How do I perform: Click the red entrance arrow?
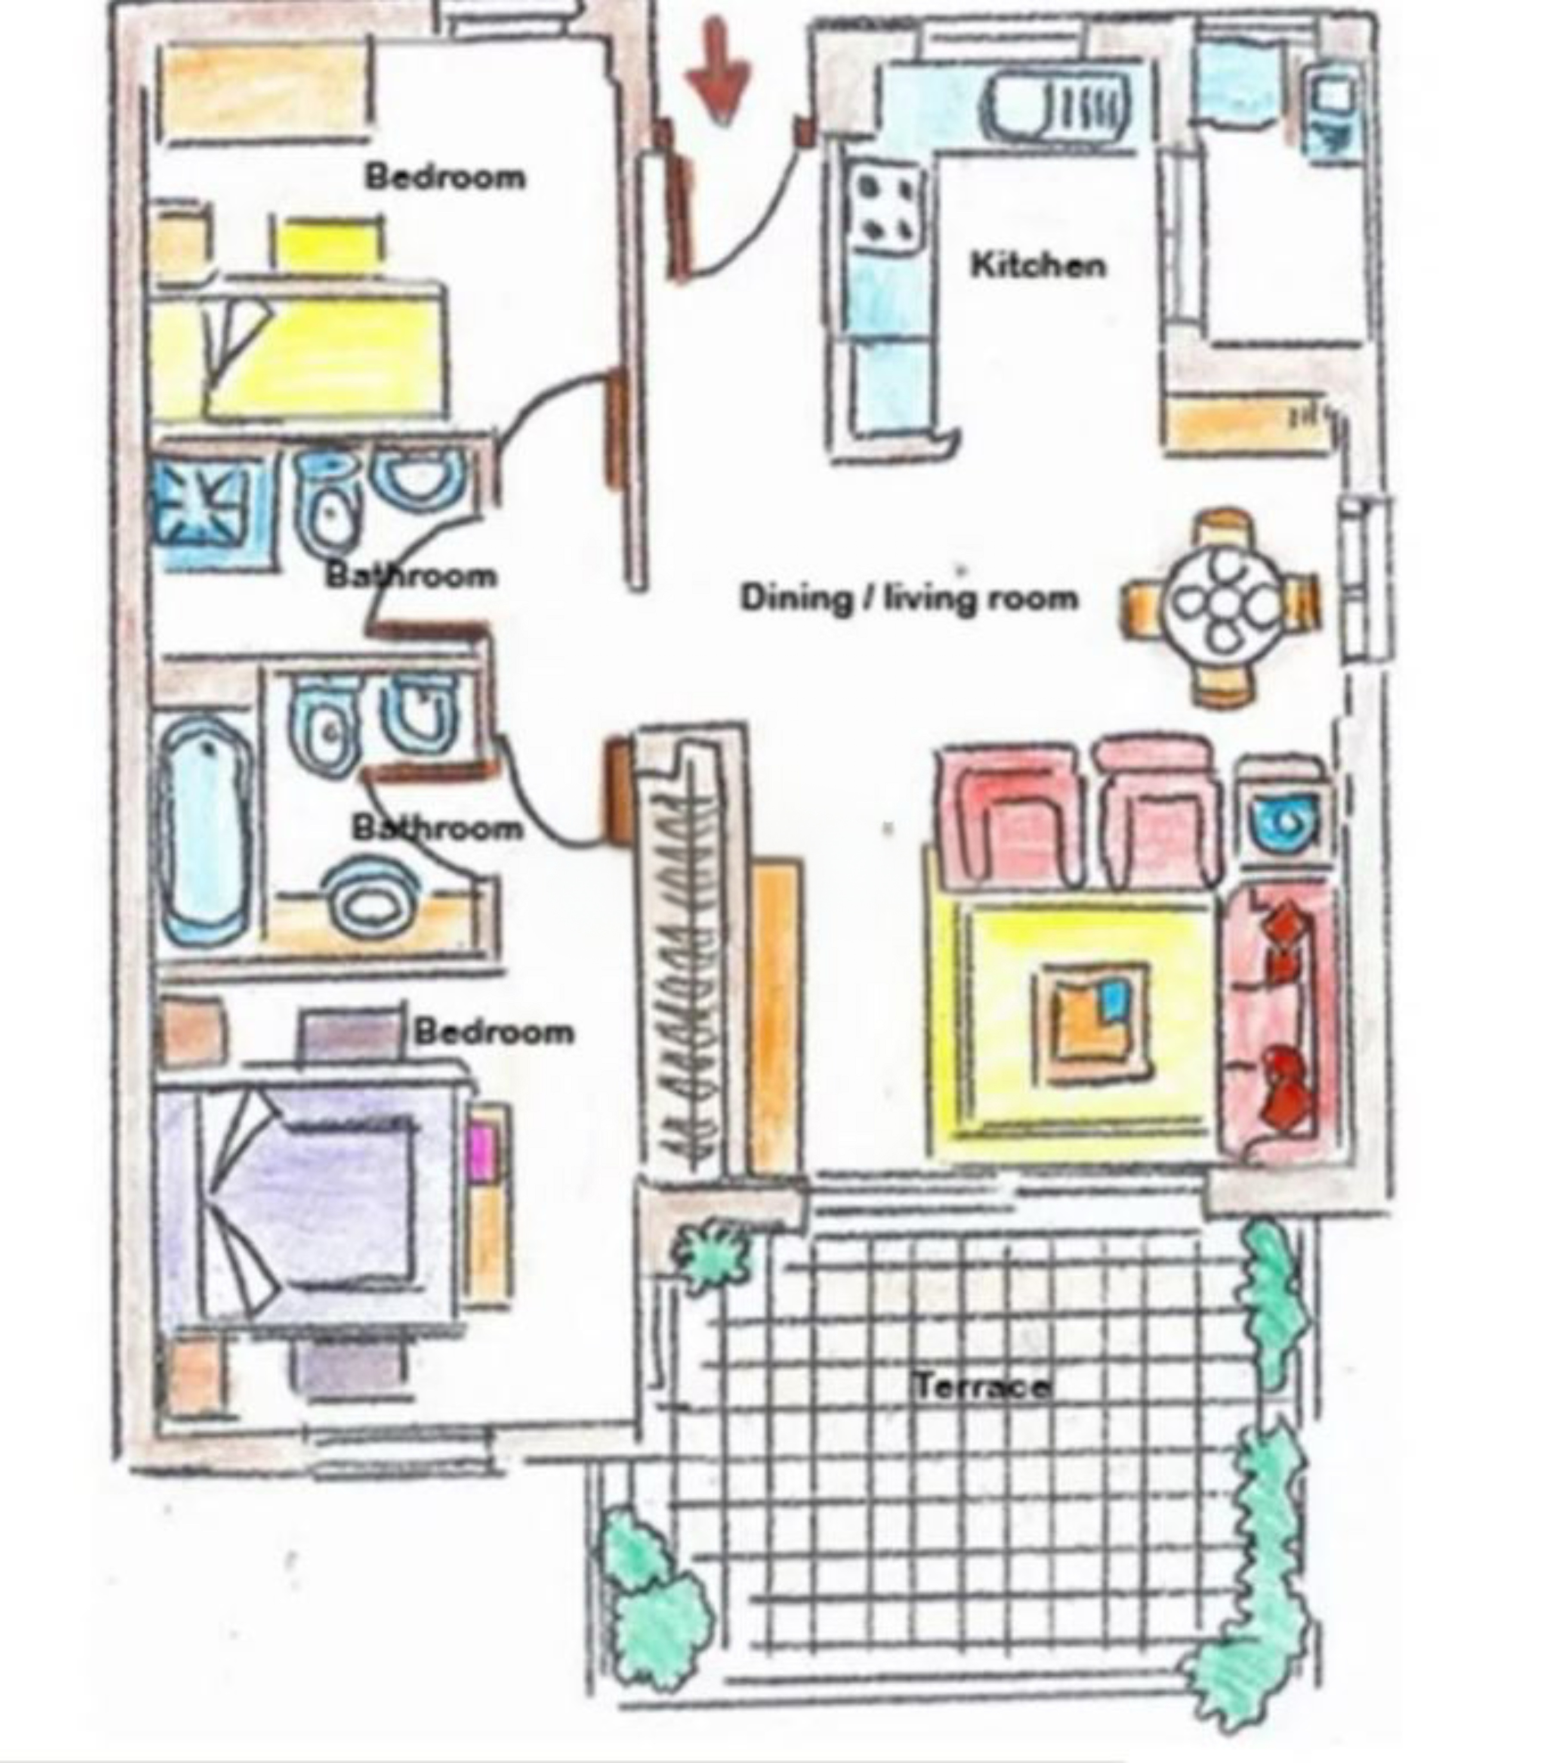(x=719, y=71)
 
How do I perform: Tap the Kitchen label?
(x=1037, y=265)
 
